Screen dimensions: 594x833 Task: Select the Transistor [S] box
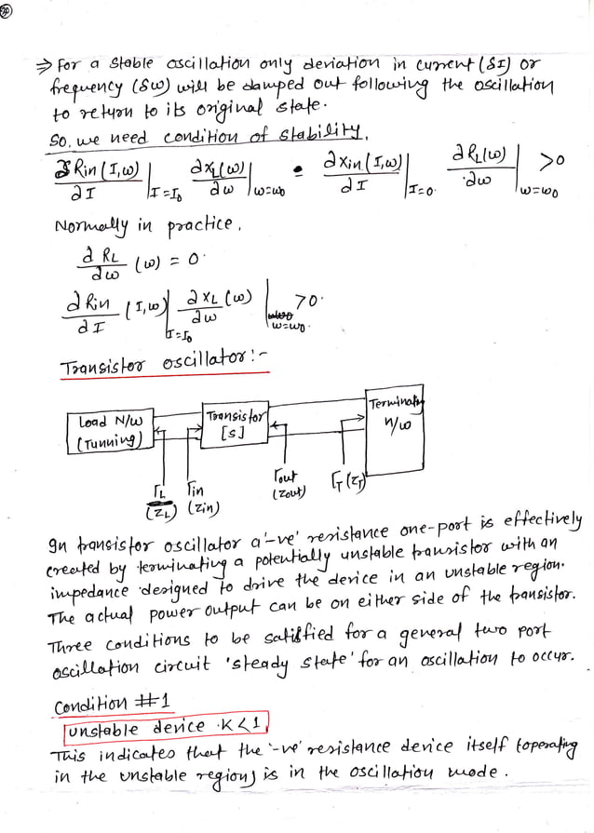pyautogui.click(x=234, y=424)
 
